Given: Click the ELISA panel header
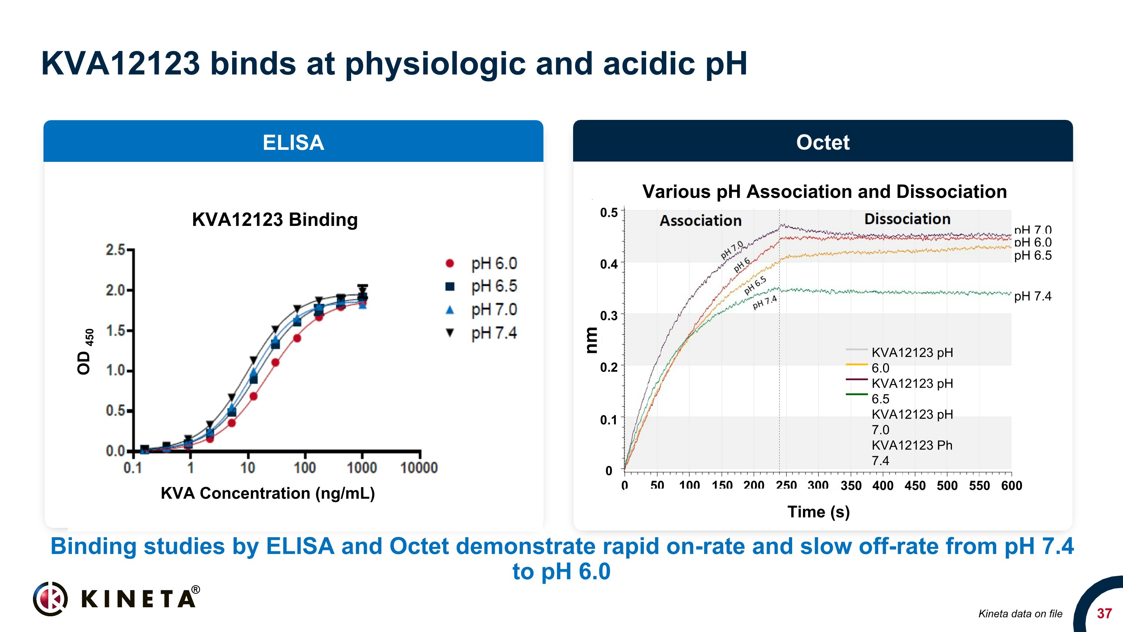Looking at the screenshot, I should coord(293,142).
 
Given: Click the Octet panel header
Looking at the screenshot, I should coord(823,142).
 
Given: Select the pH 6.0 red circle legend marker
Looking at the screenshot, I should coord(450,263).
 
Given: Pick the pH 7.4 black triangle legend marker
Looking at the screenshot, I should coord(450,333).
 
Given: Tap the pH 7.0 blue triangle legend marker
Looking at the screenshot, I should coord(450,310).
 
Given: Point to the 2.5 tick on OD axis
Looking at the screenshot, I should coord(116,250).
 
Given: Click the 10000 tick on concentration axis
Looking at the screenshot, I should coord(419,468).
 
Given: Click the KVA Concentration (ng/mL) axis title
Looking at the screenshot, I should coord(268,493).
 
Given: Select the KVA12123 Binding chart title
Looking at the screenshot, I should coord(275,220).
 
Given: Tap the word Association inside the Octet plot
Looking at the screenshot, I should coord(700,220).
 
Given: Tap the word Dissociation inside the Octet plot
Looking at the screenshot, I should coord(907,218).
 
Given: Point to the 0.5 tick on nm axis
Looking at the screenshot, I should coord(609,213).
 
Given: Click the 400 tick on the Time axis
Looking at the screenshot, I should coord(883,486).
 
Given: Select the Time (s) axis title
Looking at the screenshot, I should coord(818,512).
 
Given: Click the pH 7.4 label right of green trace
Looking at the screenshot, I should coord(1032,296).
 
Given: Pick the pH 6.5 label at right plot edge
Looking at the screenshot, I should coord(1032,255).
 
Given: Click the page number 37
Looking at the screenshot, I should coord(1104,613).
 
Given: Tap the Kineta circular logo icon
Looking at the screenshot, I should coord(51,598).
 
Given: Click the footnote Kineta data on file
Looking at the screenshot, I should coord(1020,614).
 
